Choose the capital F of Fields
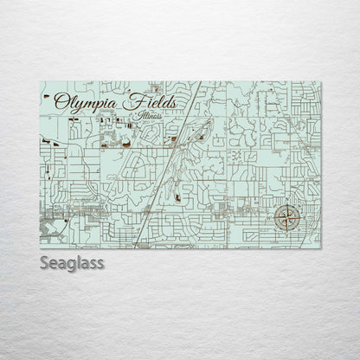[x=136, y=101]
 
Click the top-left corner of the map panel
[x=41, y=82]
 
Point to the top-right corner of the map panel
[x=321, y=82]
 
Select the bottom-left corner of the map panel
[x=41, y=248]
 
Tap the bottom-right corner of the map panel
[x=321, y=248]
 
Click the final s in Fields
[x=174, y=103]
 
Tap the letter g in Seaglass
[x=71, y=265]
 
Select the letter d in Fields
[x=166, y=102]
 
